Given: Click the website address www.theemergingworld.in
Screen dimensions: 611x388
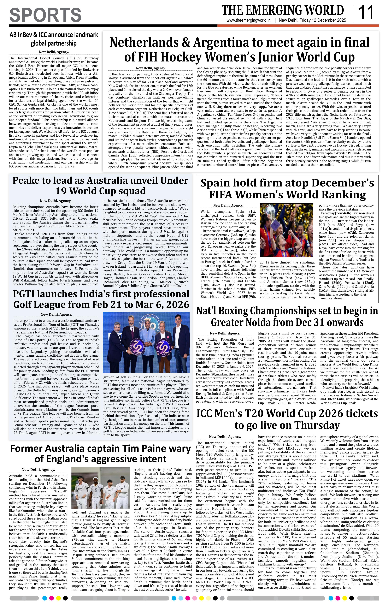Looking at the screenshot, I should tap(248, 20).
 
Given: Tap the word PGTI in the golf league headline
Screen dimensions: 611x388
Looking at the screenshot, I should tap(27, 294).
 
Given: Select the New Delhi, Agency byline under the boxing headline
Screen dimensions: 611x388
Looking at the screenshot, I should tap(225, 333).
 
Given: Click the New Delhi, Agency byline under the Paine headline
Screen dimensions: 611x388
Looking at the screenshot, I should tap(38, 469).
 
